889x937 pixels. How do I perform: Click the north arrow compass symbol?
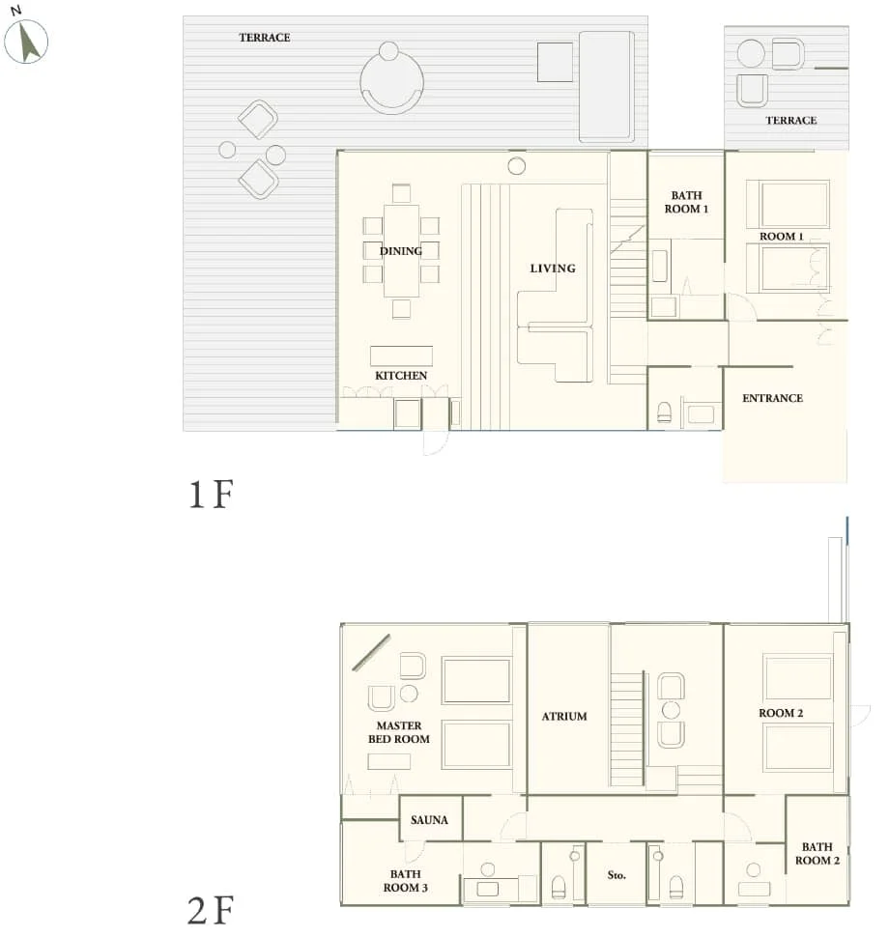[26, 41]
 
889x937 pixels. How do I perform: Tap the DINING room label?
[401, 251]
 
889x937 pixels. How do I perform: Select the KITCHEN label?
[401, 376]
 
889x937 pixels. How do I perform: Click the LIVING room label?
[553, 269]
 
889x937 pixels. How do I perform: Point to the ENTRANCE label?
[772, 398]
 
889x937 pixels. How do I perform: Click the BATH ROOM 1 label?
[686, 202]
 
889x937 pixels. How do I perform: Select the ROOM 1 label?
[781, 237]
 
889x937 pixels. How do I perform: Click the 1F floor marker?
[212, 496]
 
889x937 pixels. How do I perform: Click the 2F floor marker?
[212, 910]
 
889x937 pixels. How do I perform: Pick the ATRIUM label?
[564, 717]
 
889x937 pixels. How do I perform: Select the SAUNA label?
[429, 820]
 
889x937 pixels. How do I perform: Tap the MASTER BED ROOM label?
[399, 732]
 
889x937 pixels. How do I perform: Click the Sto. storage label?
[617, 875]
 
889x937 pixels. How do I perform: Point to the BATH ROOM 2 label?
[817, 854]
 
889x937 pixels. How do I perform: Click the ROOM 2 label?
[781, 713]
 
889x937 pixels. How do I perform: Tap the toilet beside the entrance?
[664, 412]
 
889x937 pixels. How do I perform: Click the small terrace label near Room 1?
[791, 121]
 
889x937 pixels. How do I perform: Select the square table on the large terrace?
[556, 63]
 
